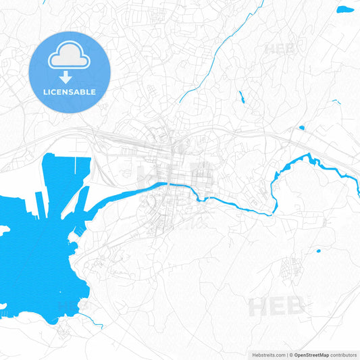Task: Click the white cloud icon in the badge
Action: click(x=69, y=57)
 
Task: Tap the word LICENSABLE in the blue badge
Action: click(x=70, y=91)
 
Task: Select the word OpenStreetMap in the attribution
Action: click(x=311, y=355)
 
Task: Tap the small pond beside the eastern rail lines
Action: click(x=302, y=128)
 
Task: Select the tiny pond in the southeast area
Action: click(x=318, y=251)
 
